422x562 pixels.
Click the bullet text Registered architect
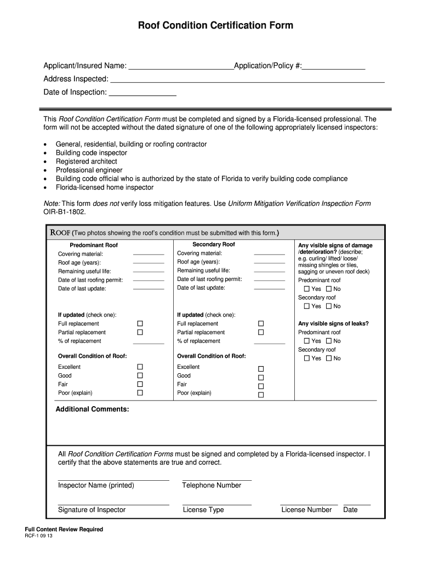[x=86, y=162]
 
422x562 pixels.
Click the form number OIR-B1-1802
[x=65, y=211]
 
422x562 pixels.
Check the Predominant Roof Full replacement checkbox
[x=140, y=324]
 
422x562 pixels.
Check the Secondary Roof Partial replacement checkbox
[x=261, y=332]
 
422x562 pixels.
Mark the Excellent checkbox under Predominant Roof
[x=140, y=367]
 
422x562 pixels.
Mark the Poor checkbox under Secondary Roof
[x=261, y=395]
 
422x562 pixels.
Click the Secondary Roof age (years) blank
[x=269, y=262]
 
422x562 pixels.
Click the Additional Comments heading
[x=93, y=409]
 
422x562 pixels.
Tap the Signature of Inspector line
[x=113, y=503]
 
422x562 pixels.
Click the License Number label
[x=306, y=510]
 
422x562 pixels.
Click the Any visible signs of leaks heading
[x=333, y=324]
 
